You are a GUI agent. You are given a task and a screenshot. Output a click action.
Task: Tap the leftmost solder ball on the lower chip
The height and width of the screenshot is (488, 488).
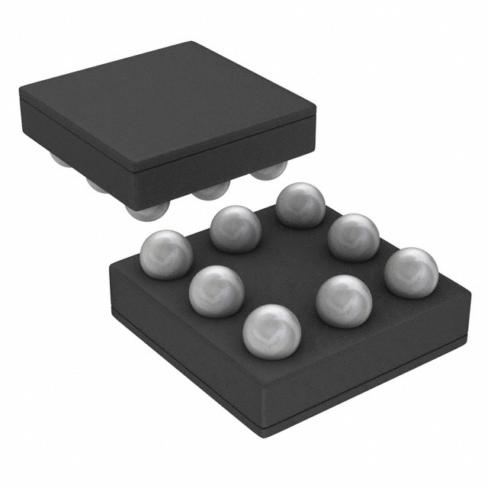(166, 254)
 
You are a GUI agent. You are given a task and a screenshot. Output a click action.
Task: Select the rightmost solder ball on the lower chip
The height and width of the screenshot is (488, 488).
(411, 271)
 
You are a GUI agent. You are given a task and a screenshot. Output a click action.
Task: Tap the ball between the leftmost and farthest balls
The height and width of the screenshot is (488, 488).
(236, 228)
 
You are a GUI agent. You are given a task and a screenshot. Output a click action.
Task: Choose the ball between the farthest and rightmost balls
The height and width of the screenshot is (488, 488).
(354, 237)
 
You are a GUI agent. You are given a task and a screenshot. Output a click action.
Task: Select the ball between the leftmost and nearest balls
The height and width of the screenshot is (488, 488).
(216, 291)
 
